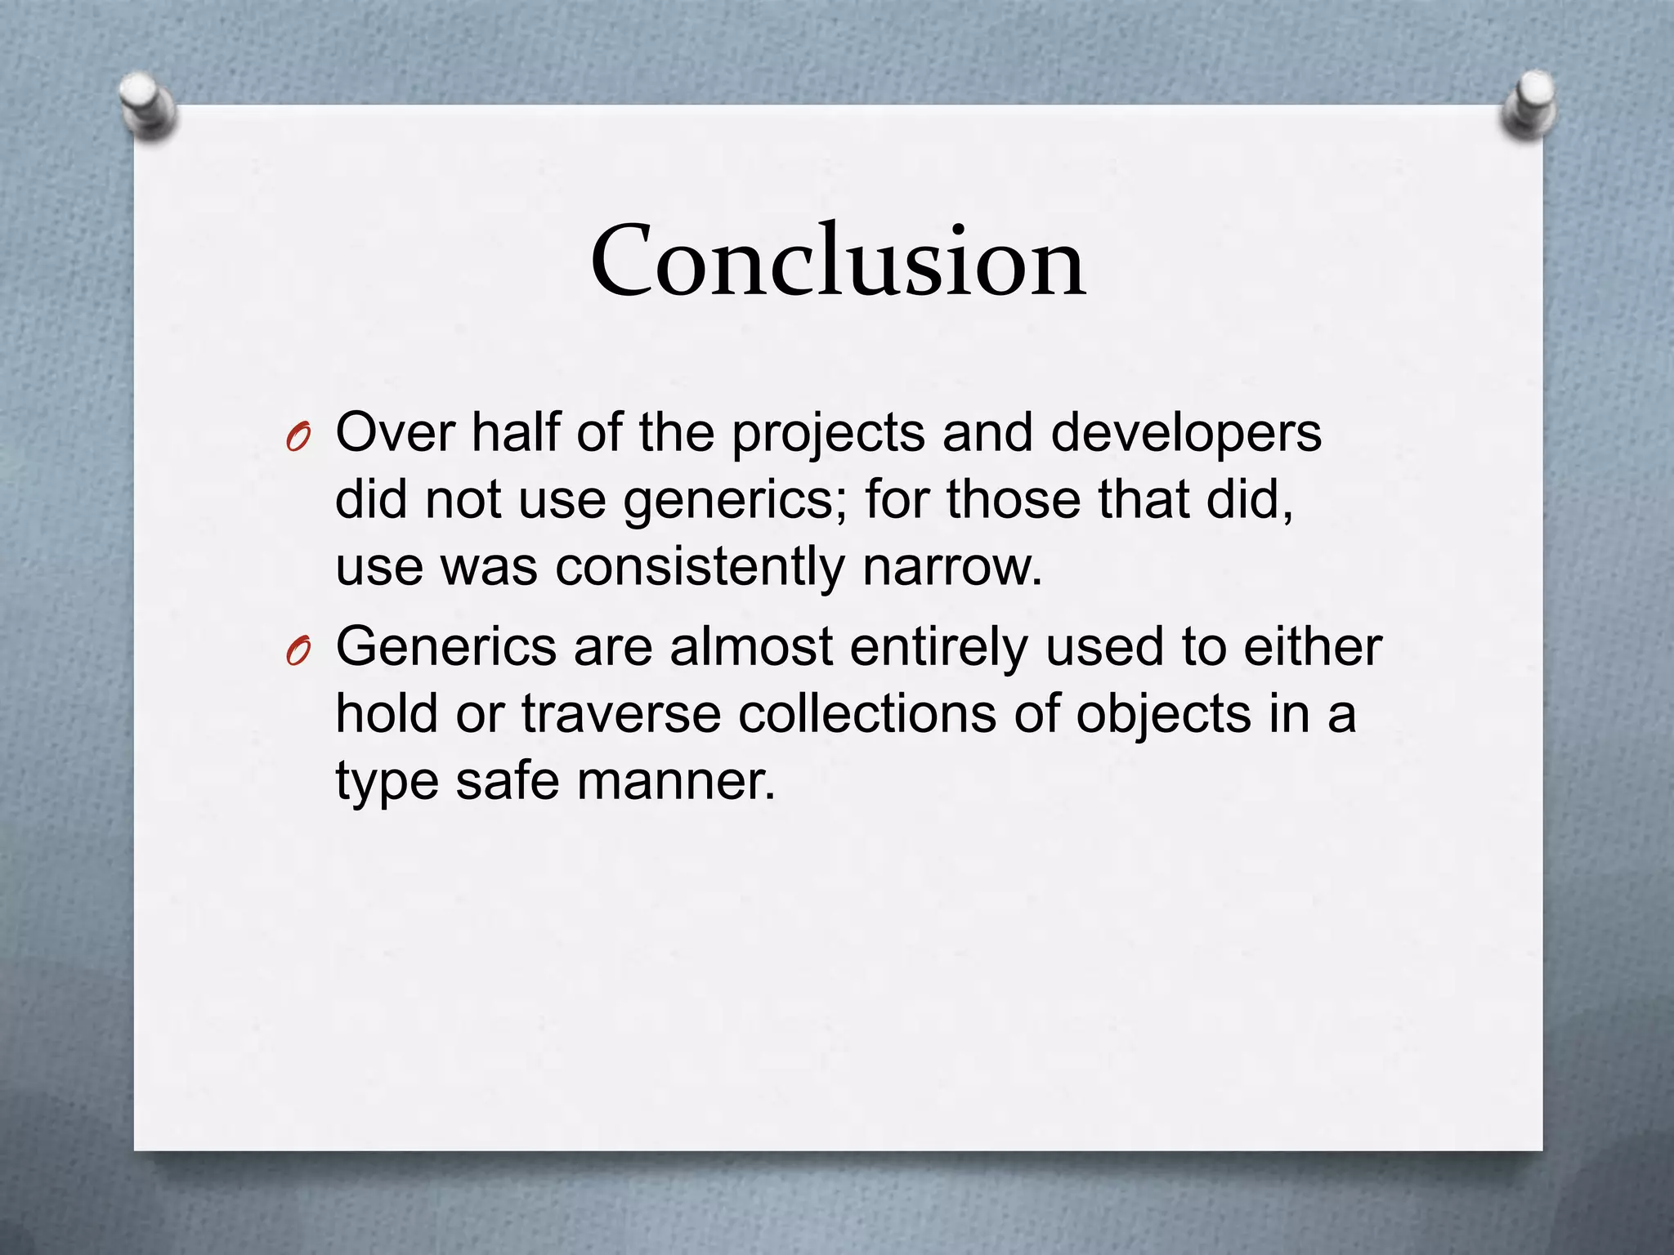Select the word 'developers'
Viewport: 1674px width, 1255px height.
pos(1185,434)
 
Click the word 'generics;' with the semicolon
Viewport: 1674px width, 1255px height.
pos(735,501)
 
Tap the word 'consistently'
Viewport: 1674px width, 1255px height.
pos(700,566)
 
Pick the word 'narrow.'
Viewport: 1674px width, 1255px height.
pos(953,566)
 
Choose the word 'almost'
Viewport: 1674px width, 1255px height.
pos(750,646)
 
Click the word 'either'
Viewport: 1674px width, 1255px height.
pos(1312,646)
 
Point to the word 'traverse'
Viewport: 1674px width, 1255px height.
pos(621,713)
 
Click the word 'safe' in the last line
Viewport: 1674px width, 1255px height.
pos(507,780)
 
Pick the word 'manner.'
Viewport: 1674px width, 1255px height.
pos(676,780)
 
